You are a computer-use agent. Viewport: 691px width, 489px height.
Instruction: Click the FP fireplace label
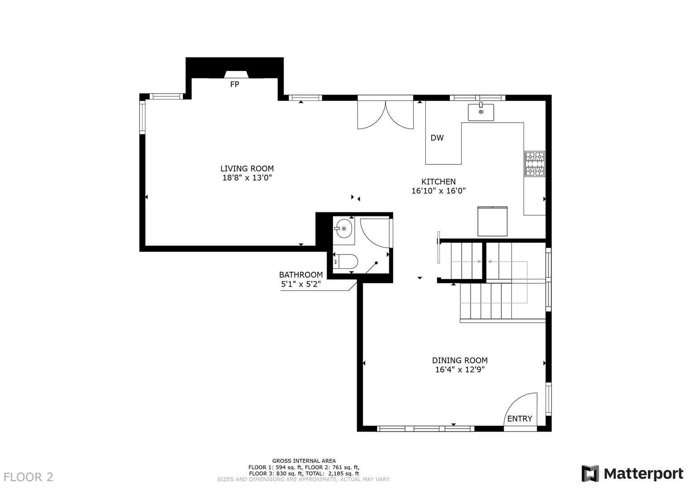(x=234, y=84)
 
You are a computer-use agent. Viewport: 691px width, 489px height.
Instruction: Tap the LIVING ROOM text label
(x=247, y=169)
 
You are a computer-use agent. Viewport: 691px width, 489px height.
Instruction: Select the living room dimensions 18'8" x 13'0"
(x=247, y=178)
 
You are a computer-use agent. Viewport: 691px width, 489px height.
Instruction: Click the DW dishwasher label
(x=437, y=138)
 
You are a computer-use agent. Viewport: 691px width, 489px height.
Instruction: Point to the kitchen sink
(x=481, y=112)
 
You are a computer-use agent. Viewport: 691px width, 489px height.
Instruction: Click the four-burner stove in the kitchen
(x=534, y=164)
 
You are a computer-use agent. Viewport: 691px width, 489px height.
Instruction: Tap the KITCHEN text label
(x=438, y=182)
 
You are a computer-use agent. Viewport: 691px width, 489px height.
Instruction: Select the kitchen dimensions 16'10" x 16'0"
(x=438, y=191)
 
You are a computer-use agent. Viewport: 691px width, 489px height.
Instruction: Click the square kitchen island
(x=492, y=221)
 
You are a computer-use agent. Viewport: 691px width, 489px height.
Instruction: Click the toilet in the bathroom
(x=346, y=261)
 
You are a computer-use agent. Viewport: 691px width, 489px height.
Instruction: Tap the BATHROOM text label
(x=301, y=275)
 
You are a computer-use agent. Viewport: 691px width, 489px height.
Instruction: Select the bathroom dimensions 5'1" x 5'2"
(x=301, y=284)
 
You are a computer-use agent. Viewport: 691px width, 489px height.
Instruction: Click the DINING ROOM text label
(x=460, y=360)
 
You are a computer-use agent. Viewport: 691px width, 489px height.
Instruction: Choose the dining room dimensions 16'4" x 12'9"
(x=460, y=370)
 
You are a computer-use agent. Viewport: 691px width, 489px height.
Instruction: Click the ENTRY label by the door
(x=519, y=419)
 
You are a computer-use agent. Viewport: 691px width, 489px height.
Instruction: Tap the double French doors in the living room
(x=385, y=115)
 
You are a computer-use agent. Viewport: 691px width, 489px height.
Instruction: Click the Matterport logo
(x=632, y=474)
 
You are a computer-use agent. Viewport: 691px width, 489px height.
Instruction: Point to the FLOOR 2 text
(x=29, y=477)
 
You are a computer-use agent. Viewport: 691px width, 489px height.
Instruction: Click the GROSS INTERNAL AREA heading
(x=304, y=461)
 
